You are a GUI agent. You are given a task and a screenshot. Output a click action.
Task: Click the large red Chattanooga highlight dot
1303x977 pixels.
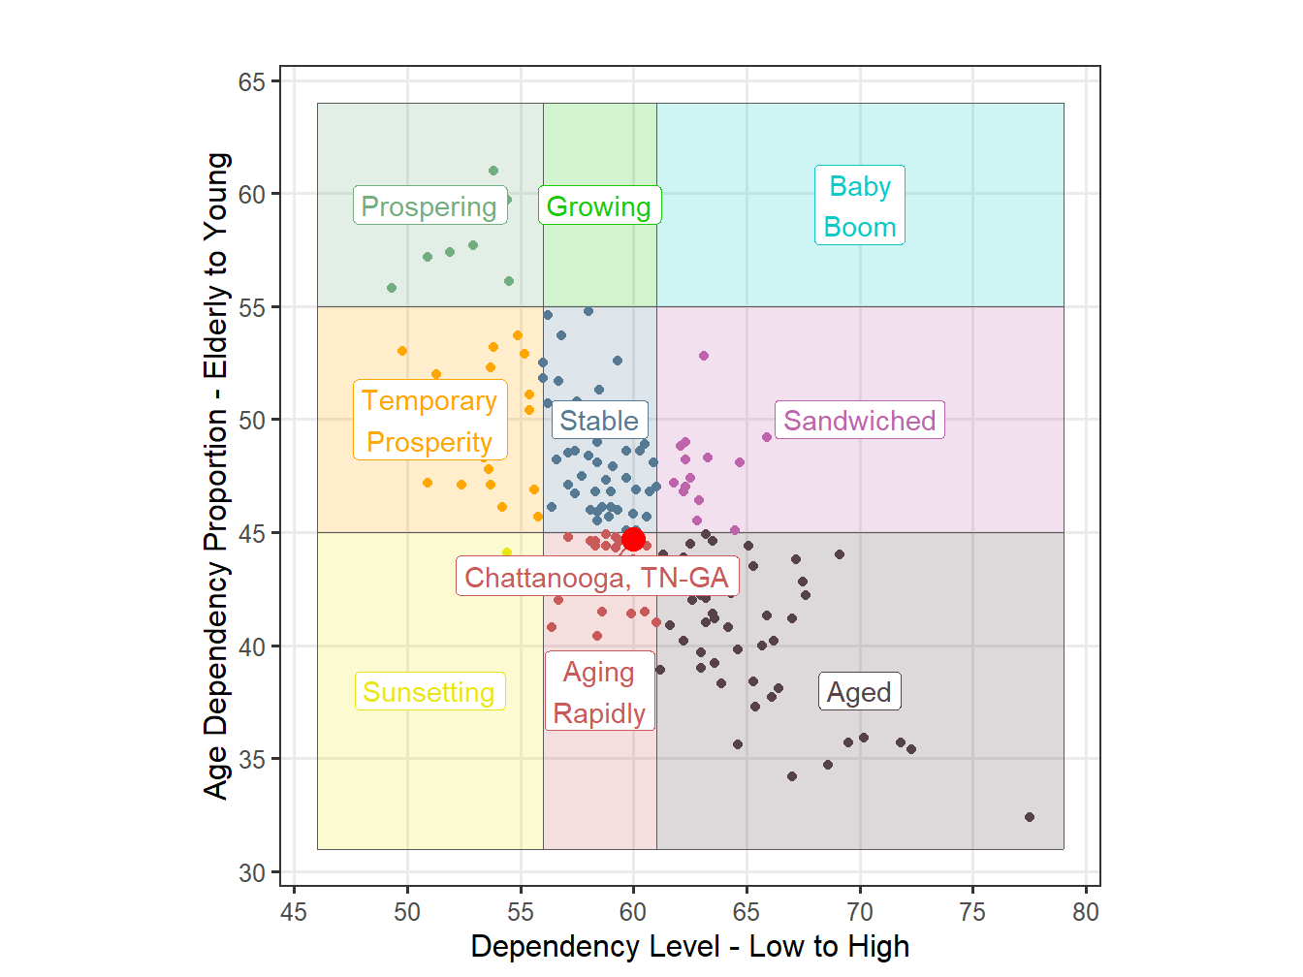633,539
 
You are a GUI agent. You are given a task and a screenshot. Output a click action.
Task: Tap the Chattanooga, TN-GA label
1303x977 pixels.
597,578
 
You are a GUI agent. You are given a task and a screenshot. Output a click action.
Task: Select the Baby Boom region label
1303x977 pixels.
859,205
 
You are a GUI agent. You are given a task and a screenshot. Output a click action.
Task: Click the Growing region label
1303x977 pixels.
599,206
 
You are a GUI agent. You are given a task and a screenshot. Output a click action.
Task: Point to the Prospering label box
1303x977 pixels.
429,206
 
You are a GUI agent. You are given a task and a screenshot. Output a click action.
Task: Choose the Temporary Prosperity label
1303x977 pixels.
429,421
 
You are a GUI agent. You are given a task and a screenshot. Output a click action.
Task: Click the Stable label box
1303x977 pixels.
599,421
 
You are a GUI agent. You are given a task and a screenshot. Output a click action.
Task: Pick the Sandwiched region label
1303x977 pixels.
859,421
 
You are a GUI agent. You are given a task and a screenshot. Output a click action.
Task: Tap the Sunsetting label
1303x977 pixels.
429,692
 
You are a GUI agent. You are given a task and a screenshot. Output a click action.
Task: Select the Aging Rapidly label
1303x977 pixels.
599,692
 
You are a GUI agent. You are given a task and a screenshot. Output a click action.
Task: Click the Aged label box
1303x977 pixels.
859,692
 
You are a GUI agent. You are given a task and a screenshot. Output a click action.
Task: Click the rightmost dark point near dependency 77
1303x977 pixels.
1030,817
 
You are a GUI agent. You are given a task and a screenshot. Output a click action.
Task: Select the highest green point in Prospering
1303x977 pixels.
493,171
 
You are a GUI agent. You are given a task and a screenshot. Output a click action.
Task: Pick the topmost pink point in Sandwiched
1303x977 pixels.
704,356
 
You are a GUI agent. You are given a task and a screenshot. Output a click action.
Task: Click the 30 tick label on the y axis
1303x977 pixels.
252,873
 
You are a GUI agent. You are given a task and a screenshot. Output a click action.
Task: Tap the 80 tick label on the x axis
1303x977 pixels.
1086,912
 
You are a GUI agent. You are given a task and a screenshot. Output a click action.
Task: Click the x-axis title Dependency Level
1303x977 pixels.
690,947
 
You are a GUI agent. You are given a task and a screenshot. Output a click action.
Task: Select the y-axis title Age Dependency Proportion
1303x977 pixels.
217,475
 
